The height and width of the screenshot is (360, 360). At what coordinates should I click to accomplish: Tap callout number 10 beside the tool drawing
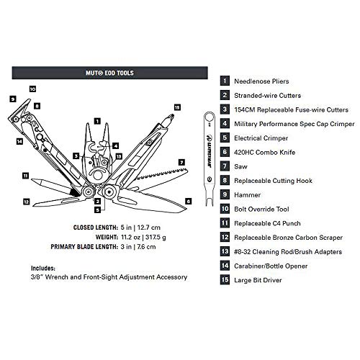(x=32, y=89)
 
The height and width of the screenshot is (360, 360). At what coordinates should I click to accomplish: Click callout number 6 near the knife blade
(x=188, y=201)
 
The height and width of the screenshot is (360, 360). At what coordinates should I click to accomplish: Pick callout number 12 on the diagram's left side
(x=25, y=202)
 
